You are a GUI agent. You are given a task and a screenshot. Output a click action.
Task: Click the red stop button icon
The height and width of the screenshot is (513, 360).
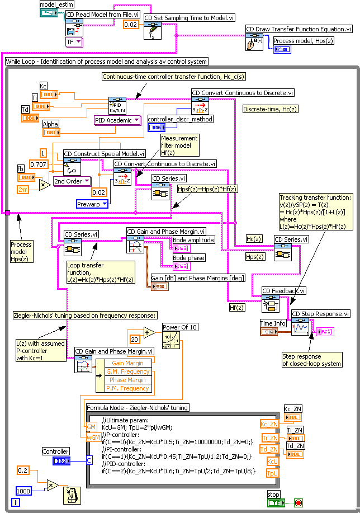(299, 502)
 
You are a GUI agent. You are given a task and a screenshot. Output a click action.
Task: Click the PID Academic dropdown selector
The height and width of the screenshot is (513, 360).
(117, 120)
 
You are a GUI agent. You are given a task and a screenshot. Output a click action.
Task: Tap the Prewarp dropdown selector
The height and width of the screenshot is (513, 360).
(92, 204)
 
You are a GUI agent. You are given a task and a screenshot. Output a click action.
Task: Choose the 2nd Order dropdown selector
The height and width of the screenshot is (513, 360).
(72, 181)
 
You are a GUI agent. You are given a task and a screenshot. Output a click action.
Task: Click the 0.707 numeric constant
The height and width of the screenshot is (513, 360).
(39, 164)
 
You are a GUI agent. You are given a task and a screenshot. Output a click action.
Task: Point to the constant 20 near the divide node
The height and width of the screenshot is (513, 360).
(135, 339)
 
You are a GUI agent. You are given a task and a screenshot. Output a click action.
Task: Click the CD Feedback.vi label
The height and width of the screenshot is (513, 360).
(285, 291)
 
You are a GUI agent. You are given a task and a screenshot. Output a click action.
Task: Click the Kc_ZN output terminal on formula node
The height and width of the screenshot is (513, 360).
(269, 424)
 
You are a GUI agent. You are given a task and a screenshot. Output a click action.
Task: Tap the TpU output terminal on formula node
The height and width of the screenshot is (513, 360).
(272, 473)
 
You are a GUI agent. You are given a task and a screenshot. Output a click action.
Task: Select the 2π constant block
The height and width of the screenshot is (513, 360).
(25, 190)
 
